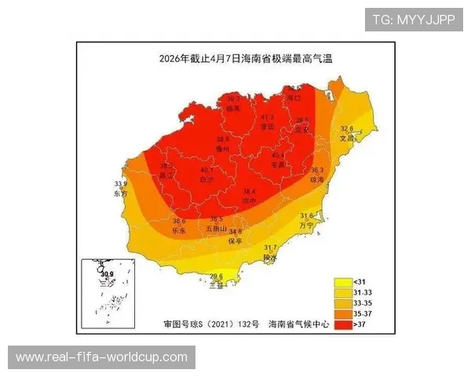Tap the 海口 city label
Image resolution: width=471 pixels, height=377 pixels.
pos(294,98)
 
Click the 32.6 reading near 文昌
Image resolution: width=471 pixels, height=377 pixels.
pos(346,128)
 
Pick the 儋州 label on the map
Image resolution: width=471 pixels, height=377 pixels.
pos(223,148)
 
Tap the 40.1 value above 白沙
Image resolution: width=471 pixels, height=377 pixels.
pos(206,170)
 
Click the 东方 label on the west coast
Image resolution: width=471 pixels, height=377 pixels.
pos(120,193)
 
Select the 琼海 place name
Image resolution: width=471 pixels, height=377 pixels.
pos(317,179)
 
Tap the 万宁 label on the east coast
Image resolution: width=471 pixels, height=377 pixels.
pos(307,225)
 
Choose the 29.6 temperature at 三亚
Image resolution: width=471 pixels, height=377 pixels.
pos(216,276)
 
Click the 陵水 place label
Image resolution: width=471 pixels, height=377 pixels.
pos(270,257)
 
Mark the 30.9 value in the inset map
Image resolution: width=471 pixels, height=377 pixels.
pos(108,273)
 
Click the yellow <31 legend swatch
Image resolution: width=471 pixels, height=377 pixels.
pos(342,281)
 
